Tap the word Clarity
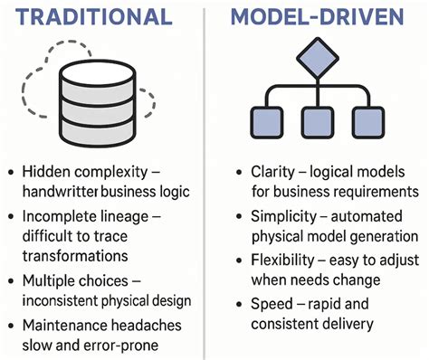point(273,171)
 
